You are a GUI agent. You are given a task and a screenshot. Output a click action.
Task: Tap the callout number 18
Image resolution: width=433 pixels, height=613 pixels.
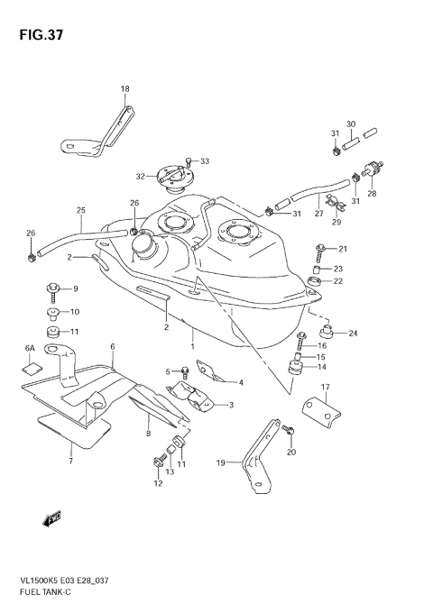coord(125,88)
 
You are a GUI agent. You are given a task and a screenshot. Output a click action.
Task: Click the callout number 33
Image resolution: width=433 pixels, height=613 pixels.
coord(205,161)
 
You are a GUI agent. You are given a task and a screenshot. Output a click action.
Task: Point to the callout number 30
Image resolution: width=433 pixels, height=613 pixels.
coord(351,124)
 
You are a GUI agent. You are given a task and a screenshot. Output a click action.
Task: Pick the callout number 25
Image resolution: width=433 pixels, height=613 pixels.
coord(80,211)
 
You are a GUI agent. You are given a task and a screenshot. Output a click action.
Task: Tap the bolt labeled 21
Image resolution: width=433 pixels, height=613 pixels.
coord(320,248)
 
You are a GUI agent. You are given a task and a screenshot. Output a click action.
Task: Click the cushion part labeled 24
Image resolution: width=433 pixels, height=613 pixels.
coord(328,334)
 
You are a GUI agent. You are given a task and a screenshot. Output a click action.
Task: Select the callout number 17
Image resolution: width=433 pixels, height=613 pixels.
coord(327,388)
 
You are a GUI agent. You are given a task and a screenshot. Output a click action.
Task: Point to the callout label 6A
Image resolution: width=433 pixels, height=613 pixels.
coord(30,347)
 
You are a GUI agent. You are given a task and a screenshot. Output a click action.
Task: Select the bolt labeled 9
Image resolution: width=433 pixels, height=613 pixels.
coord(51,289)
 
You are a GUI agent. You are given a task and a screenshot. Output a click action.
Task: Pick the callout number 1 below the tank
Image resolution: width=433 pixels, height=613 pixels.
coord(192,345)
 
